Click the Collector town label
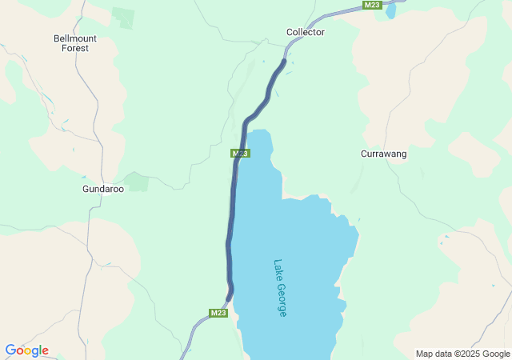click(306, 32)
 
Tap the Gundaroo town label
click(103, 190)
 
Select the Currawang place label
click(384, 154)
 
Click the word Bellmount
click(75, 38)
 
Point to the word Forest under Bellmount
click(75, 48)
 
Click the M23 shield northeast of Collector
click(371, 5)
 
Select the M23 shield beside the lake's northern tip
click(241, 153)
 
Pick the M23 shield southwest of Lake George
click(219, 313)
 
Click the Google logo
click(26, 350)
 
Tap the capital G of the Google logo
click(10, 350)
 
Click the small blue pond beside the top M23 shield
click(390, 11)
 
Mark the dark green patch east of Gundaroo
click(138, 182)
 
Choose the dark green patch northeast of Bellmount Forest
click(123, 17)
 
